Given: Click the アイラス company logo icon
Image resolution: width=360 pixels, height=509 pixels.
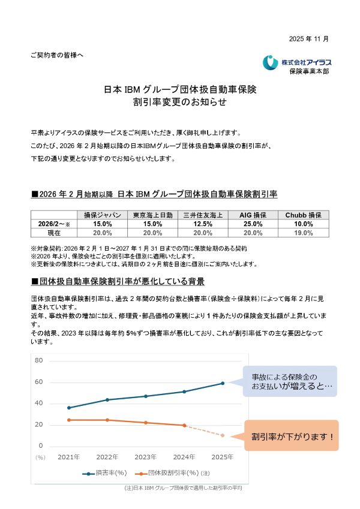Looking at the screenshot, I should pyautogui.click(x=270, y=62).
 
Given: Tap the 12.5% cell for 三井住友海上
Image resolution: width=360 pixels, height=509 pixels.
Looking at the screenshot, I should pyautogui.click(x=203, y=224).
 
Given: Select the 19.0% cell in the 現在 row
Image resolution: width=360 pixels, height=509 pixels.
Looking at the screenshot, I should pyautogui.click(x=302, y=232).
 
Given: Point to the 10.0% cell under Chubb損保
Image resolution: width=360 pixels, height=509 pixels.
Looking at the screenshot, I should pyautogui.click(x=302, y=224).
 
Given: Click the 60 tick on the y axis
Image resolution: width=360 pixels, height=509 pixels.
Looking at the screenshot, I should pyautogui.click(x=39, y=382).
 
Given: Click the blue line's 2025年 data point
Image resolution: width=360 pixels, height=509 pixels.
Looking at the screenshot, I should pyautogui.click(x=223, y=383).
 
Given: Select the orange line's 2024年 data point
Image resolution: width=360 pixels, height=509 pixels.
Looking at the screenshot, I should pyautogui.click(x=184, y=425).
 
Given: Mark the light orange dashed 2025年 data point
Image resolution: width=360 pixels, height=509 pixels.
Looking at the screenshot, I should pyautogui.click(x=223, y=435).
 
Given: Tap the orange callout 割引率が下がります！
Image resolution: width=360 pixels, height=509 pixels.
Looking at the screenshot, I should pyautogui.click(x=292, y=436).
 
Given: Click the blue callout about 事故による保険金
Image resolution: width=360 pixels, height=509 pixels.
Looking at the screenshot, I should pyautogui.click(x=290, y=381).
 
